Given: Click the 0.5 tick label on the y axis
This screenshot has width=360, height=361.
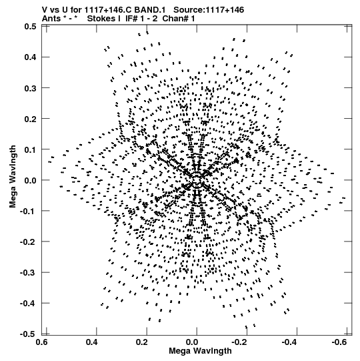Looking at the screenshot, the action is pos(30,26).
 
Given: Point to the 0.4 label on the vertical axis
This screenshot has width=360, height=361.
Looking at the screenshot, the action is pos(30,57).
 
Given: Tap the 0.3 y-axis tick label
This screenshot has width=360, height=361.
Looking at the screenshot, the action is pos(30,87).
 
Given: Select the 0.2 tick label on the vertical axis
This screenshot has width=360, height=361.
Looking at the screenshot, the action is pos(30,119).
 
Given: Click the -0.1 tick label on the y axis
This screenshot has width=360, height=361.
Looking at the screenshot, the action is pos(28,211).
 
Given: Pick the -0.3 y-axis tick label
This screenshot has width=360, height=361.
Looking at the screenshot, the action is pos(28,273).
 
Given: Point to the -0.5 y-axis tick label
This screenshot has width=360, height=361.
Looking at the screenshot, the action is pos(28,334).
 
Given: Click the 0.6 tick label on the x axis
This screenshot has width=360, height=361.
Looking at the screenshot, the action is pos(42,342).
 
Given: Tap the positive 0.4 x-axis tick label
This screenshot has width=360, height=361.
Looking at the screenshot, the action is pos(92,342).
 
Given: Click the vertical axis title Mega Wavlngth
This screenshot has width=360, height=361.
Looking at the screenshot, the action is pos(13,177).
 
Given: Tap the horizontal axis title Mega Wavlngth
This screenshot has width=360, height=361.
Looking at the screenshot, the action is pos(200,351).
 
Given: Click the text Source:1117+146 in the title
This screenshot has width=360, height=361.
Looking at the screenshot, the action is pos(209,10).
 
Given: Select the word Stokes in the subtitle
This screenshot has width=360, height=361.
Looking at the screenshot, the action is pos(101,19).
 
